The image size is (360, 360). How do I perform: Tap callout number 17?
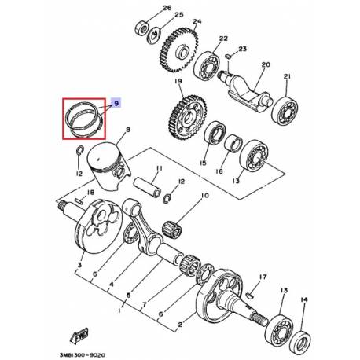[263, 277]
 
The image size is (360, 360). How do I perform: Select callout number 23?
[244, 49]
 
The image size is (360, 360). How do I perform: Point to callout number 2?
[182, 322]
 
